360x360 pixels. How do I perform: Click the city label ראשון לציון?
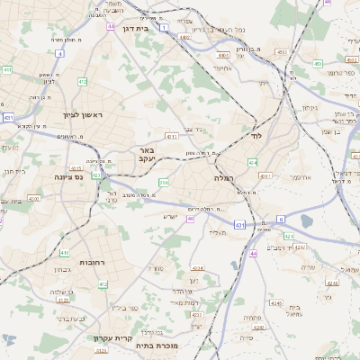click(x=59, y=114)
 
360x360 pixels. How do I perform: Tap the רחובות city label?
click(x=92, y=262)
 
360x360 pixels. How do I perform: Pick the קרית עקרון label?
click(x=112, y=338)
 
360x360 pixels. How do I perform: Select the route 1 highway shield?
click(x=164, y=28)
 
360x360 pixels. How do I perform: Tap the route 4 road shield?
click(x=59, y=53)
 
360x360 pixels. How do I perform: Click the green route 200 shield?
click(x=164, y=183)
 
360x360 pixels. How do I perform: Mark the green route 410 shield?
click(x=64, y=254)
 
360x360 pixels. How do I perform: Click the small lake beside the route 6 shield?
click(x=306, y=220)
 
